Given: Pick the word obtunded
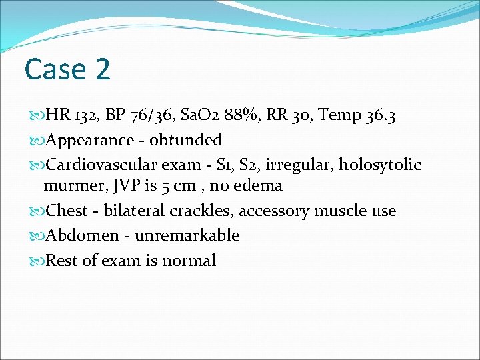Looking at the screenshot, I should point(186,140).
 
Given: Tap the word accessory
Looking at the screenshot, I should point(274,211).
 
